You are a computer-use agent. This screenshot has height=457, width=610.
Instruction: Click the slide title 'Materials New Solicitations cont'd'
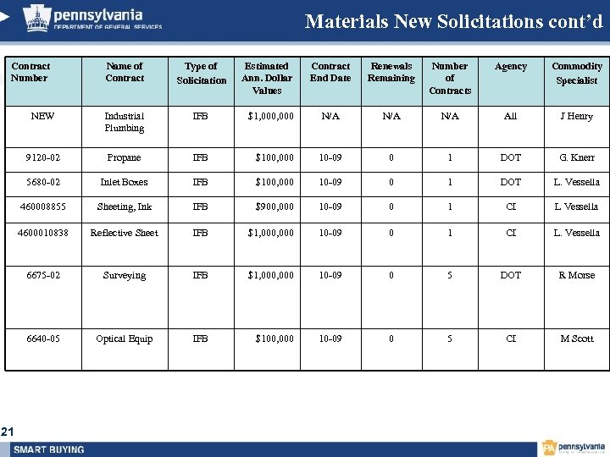coord(453,21)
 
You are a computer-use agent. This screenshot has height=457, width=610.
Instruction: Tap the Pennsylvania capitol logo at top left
coord(36,17)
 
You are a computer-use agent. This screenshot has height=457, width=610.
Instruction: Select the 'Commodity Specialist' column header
coord(576,73)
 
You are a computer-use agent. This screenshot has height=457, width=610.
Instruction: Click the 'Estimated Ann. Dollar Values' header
coord(267,78)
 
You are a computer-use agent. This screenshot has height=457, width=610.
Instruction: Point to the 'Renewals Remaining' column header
coord(391,72)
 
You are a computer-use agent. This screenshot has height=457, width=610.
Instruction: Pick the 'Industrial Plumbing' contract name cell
coord(124,122)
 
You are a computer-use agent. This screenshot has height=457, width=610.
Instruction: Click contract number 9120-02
coord(42,157)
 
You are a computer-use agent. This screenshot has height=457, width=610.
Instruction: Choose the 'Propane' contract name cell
coord(124,157)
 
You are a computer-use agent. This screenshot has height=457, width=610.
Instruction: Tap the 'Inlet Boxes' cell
coord(124,182)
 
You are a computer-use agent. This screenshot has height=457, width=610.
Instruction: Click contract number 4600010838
coord(42,233)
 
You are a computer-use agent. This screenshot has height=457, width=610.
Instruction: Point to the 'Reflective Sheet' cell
coord(124,233)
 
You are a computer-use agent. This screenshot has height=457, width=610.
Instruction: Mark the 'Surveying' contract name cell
coord(124,275)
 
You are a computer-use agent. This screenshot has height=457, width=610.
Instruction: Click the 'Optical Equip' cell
coord(124,339)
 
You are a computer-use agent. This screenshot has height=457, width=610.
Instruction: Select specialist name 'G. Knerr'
coord(576,157)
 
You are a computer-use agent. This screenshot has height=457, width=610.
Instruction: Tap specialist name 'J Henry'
coord(576,116)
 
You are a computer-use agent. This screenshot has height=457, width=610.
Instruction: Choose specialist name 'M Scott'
coord(576,339)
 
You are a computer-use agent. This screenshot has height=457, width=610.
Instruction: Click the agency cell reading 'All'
coord(510,116)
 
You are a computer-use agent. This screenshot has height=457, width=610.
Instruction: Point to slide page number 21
coord(8,432)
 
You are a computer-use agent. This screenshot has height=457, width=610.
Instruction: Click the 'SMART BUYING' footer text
coord(49,449)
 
